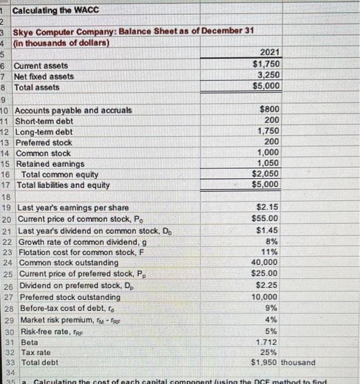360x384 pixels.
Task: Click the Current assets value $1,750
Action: pos(265,64)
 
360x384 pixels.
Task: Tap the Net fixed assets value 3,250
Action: pos(268,75)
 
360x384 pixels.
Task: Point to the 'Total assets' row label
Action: pos(37,87)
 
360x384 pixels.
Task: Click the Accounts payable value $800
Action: pos(268,110)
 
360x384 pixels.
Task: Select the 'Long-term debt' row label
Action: pos(44,132)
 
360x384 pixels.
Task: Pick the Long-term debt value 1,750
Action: pos(268,132)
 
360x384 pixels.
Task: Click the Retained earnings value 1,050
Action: pos(268,163)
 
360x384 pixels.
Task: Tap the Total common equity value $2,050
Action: pos(266,174)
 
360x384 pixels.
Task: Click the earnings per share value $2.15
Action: pos(267,207)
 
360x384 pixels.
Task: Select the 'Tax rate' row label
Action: pos(36,352)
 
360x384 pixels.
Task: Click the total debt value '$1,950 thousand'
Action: pos(283,363)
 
